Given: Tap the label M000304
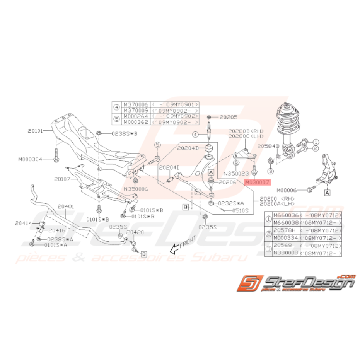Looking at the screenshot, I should click(x=29, y=159).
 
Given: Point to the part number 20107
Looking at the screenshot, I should click(x=63, y=179).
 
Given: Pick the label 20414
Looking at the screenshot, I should click(x=24, y=223).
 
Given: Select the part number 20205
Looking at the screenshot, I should click(x=229, y=116).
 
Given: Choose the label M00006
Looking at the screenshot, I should click(x=288, y=190).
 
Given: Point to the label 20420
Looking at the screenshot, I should click(x=135, y=232).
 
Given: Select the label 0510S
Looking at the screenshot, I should click(x=240, y=211).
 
